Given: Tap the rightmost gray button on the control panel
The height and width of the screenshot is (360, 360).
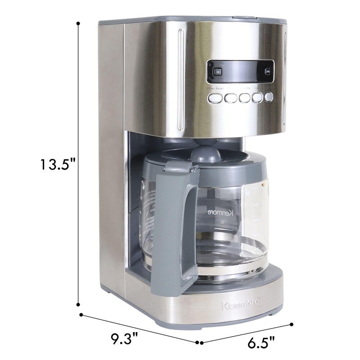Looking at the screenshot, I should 269,96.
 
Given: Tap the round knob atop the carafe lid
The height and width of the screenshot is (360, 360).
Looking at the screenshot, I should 206,153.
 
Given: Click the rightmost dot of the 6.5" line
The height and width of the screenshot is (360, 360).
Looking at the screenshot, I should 292,324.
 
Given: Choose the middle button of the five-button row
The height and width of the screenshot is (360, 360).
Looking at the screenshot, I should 245,98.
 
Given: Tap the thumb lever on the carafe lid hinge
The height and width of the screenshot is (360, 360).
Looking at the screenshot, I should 180,170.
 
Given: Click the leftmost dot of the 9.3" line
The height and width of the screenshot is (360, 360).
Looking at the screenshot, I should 81,315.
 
